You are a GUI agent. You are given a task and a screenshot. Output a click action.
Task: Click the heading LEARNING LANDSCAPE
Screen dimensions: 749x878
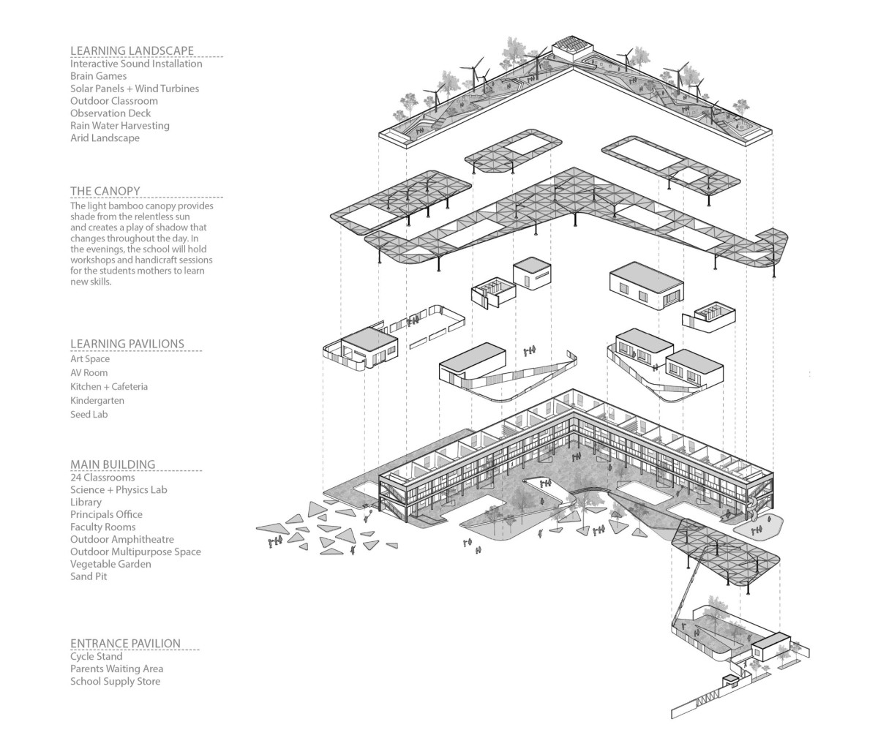[x=132, y=50]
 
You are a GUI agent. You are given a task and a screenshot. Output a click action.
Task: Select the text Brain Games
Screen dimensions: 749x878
[x=98, y=76]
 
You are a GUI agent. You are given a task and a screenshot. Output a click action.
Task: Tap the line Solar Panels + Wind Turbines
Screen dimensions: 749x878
[x=134, y=89]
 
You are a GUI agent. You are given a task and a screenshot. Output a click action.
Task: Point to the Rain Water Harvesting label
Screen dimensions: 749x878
[x=119, y=126]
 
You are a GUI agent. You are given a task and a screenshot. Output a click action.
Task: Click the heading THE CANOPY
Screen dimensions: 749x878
[x=105, y=191]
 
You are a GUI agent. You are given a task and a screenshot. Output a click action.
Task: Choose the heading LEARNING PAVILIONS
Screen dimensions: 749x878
[x=127, y=344]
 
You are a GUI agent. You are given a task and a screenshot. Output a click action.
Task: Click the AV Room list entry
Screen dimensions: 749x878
[x=89, y=373]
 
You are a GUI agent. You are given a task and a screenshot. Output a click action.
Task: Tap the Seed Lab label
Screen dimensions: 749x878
[x=89, y=415]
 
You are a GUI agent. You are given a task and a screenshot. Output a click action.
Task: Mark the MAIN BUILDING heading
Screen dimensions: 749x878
[x=113, y=464]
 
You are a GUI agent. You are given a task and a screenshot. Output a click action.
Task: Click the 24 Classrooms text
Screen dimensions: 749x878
[x=102, y=478]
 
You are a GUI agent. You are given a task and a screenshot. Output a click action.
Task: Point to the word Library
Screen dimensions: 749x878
[x=86, y=503]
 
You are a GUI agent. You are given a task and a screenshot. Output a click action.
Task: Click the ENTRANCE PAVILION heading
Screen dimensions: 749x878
[x=125, y=644]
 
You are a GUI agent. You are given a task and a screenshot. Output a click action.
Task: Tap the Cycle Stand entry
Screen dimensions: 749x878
[x=96, y=657]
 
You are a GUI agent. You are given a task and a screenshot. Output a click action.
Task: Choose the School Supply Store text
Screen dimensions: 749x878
[x=115, y=682]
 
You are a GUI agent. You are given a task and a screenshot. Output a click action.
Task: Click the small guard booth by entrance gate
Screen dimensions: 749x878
[x=730, y=682]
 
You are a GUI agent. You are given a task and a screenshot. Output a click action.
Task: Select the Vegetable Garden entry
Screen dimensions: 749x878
[x=110, y=565]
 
